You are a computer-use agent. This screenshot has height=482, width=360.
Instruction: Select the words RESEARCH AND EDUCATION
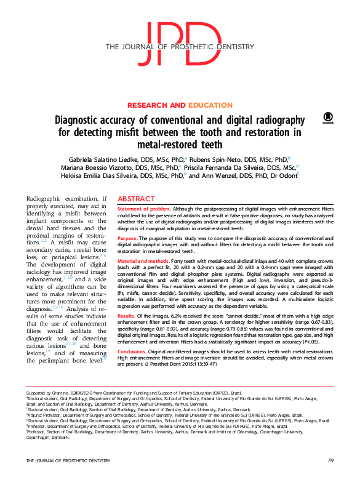(180, 106)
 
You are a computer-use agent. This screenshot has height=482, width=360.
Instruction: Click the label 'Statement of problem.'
(140, 210)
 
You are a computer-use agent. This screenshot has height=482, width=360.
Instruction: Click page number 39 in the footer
(330, 461)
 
